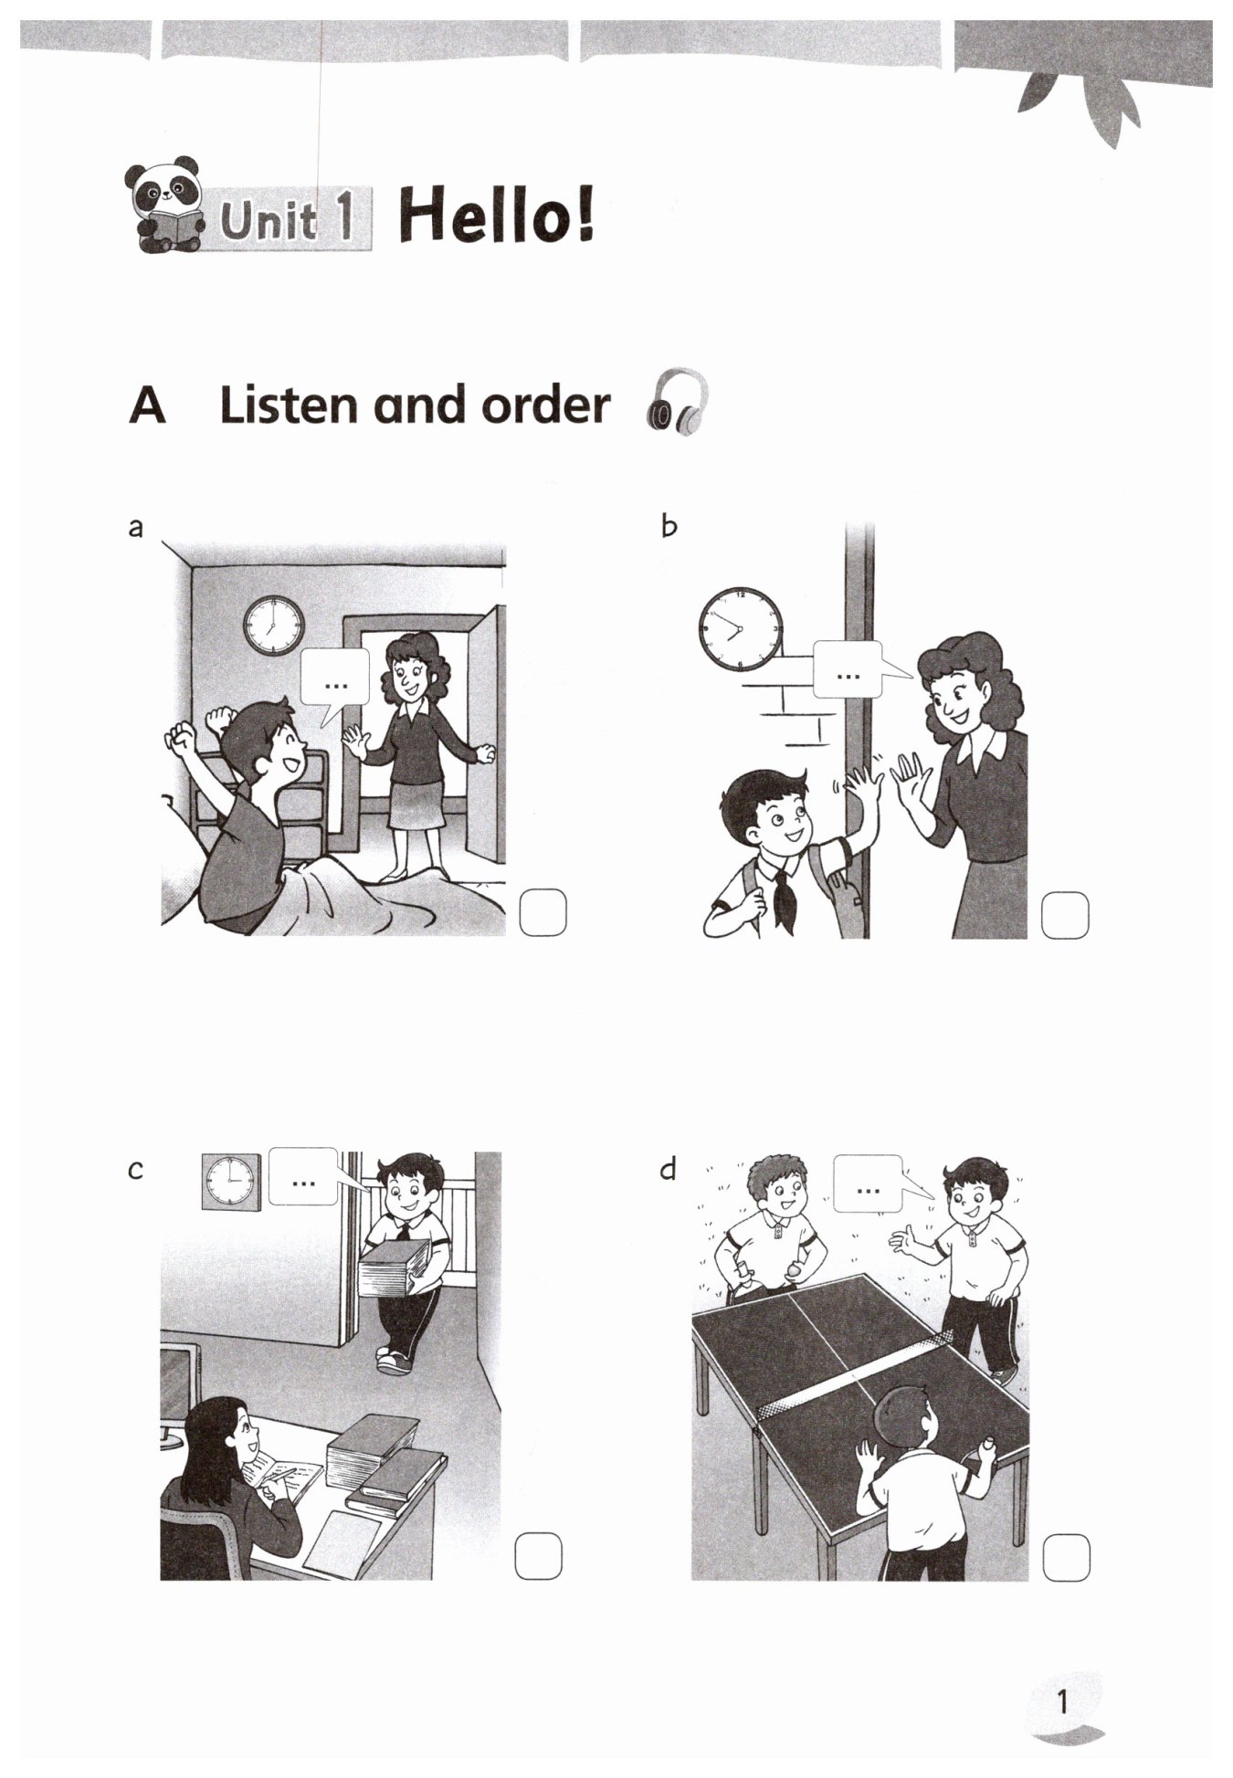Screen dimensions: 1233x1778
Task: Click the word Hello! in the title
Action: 496,216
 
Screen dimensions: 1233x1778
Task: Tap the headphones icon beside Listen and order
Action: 677,402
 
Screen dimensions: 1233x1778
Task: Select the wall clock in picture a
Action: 274,626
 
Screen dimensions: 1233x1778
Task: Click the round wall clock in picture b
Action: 741,629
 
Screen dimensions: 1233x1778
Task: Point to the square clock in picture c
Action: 231,1182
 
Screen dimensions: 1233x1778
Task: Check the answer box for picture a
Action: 543,911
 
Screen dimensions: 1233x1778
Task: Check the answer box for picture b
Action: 1065,915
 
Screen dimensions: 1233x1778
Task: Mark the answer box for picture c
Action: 538,1556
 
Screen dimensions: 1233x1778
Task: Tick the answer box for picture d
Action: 1066,1558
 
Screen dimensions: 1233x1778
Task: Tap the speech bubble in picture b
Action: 853,670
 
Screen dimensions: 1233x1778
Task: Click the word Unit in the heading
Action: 269,220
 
